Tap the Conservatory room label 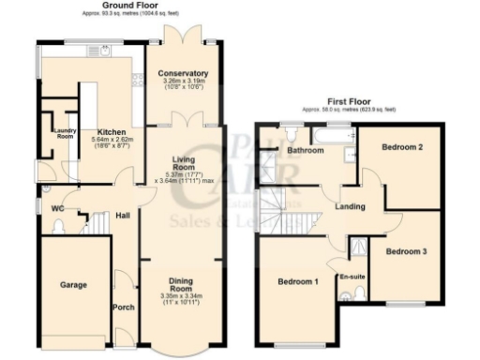(x=183, y=73)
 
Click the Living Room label (x=183, y=165)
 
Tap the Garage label (x=74, y=284)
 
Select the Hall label (x=123, y=216)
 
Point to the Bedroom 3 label (x=406, y=251)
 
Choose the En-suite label (x=352, y=277)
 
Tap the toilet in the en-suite (x=352, y=296)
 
